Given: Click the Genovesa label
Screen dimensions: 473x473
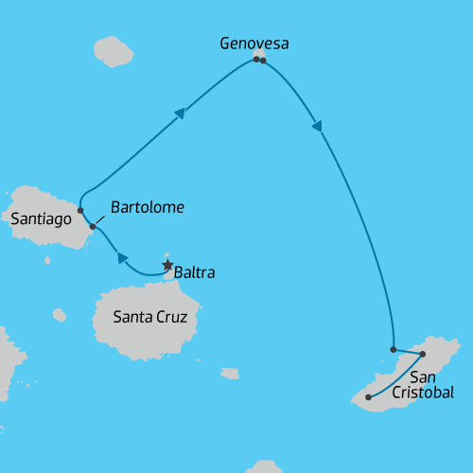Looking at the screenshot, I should [254, 44].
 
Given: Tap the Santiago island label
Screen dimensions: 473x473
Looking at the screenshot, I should [42, 219].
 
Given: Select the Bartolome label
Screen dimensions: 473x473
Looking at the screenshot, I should [147, 207].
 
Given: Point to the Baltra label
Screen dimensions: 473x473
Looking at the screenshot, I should [195, 272].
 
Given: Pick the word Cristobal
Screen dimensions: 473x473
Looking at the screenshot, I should [423, 392].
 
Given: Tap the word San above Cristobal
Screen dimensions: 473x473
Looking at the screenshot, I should [423, 377].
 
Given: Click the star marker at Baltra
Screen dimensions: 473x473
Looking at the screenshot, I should [168, 266].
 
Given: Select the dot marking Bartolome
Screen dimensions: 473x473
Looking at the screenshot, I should [93, 226].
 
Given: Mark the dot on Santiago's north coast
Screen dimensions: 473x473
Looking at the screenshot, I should [80, 210].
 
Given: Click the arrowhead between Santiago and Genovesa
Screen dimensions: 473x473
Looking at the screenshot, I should [180, 114].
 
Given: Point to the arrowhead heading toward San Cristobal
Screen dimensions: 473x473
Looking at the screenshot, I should [317, 126].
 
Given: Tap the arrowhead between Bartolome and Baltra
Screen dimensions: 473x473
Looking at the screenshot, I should [122, 257].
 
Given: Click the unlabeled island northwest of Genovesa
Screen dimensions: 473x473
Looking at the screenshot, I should [114, 51].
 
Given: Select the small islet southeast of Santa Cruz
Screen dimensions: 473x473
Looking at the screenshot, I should [230, 374].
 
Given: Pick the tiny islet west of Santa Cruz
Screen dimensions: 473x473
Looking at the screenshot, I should [60, 314].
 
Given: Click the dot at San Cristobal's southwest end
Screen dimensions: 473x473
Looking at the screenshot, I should [368, 397].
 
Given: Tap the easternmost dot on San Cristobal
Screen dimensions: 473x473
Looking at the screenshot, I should [423, 354].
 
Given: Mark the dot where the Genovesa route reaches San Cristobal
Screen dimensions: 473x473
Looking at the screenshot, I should [394, 349].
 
